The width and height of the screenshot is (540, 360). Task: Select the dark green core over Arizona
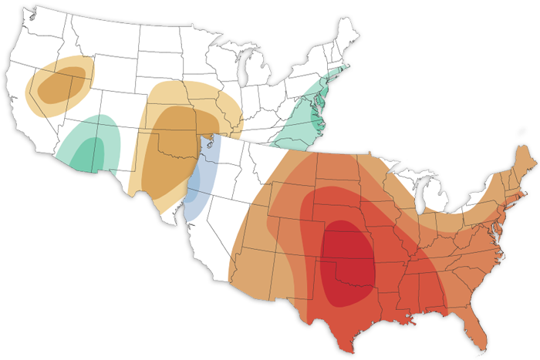(92, 150)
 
